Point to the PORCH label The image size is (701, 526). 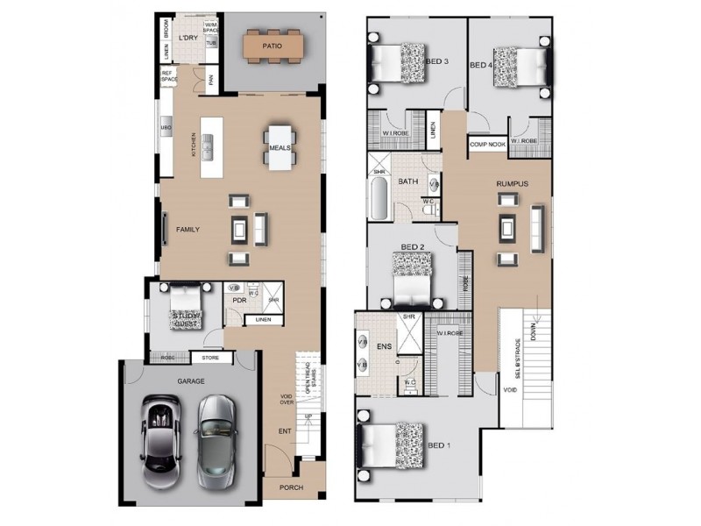pos(292,488)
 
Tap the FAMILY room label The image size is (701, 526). pos(188,230)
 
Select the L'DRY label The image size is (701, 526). pos(188,39)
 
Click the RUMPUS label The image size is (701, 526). pos(512,183)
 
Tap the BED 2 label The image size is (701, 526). pos(413,247)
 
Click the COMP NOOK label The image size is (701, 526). pos(487,145)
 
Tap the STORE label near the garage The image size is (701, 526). pos(210,358)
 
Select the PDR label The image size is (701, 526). pos(238,300)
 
